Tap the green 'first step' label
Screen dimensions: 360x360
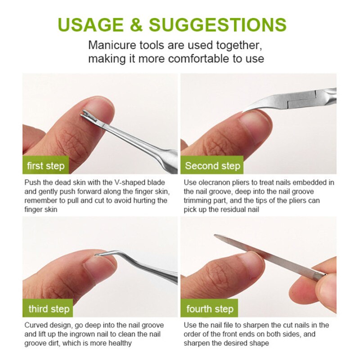(45, 166)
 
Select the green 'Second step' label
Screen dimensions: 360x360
(212, 166)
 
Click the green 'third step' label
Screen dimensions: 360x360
(49, 309)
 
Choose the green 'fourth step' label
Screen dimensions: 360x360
(210, 309)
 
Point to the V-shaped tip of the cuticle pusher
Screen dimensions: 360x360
(85, 115)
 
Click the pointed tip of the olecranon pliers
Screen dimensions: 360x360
(246, 109)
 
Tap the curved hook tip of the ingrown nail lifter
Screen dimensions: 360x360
(97, 255)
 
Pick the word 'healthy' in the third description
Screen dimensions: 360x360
(118, 343)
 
